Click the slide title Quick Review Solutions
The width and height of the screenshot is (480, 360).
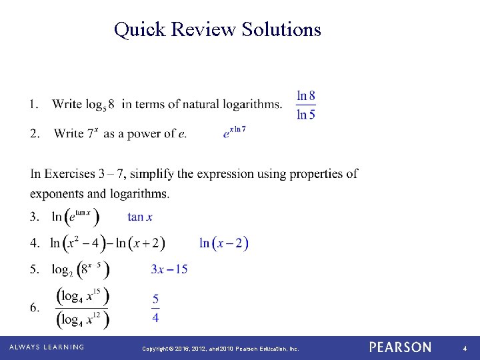(x=217, y=29)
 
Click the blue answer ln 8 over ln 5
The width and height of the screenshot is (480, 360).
(x=306, y=105)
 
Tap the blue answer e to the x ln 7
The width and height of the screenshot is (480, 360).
(x=235, y=132)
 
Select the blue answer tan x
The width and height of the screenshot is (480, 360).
(x=140, y=217)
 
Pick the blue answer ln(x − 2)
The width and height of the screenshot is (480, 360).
(x=224, y=243)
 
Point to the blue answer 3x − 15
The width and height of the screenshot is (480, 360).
(x=169, y=269)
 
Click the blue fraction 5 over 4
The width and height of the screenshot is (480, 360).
(x=155, y=307)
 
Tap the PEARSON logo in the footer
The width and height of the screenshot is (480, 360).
(x=400, y=347)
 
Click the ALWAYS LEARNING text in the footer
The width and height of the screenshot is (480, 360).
(x=47, y=347)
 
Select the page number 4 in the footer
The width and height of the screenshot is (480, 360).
(x=465, y=348)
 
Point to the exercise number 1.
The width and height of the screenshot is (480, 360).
(x=34, y=104)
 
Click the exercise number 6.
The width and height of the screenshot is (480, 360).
(x=34, y=307)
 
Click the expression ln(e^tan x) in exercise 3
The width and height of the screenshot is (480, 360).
(x=76, y=217)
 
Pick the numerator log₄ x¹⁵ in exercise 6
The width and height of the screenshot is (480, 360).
(x=83, y=296)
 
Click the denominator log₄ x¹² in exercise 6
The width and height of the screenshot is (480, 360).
(x=83, y=319)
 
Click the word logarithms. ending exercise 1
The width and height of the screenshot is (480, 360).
(x=251, y=104)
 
